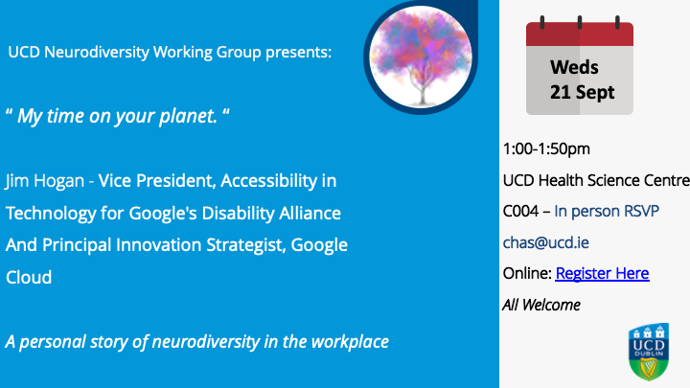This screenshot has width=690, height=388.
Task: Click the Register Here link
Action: coord(602,273)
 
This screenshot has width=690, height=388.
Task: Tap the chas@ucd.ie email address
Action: coord(545,242)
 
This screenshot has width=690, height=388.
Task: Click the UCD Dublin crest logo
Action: coord(649,352)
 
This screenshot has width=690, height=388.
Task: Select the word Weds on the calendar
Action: coord(574,67)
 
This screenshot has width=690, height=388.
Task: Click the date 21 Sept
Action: coord(582,92)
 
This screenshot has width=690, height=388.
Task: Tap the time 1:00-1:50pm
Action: coord(546,149)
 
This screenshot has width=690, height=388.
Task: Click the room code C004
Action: coord(520,212)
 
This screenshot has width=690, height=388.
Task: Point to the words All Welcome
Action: coord(541,305)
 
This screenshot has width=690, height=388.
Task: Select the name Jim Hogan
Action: coord(44,181)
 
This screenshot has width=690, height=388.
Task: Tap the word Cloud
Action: coord(29,277)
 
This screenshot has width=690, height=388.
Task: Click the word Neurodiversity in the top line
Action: coord(97,52)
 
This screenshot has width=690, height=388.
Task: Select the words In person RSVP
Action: coord(607,212)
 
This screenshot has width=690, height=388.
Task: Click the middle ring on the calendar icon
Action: coord(580,22)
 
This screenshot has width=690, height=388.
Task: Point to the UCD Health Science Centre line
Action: coord(596,180)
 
